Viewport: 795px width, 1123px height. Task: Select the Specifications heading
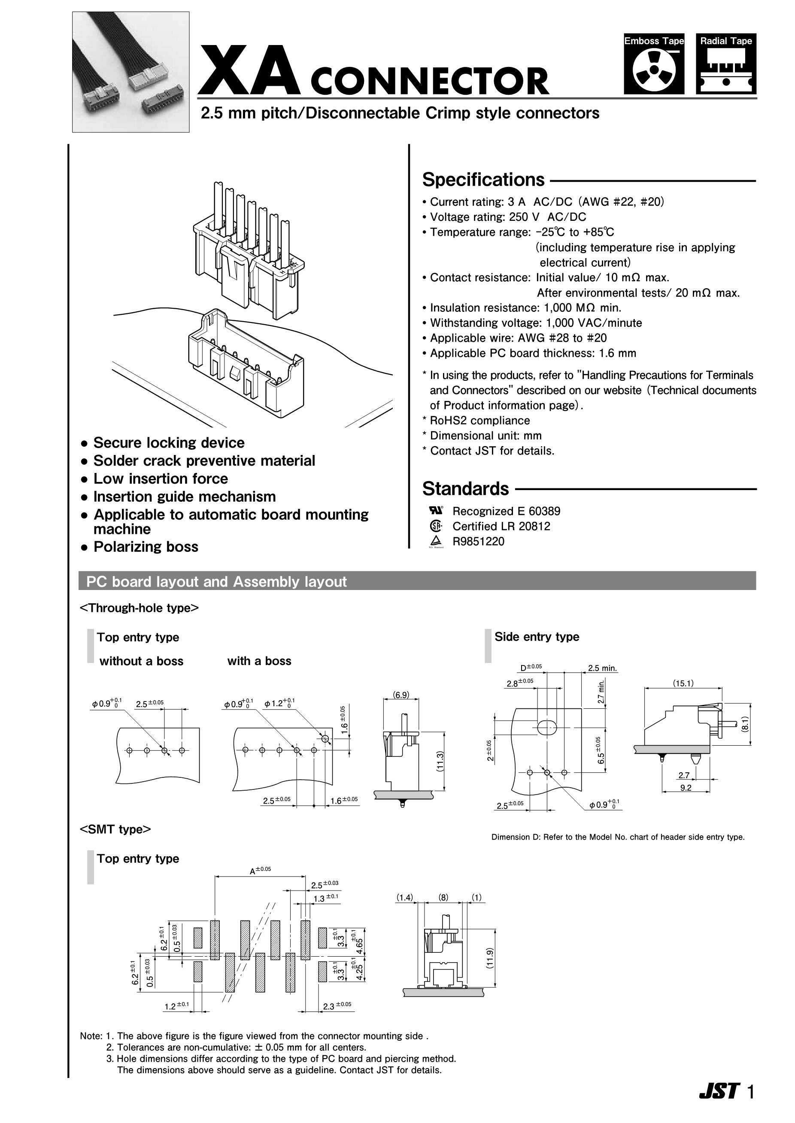[483, 180]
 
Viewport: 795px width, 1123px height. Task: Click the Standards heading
[466, 489]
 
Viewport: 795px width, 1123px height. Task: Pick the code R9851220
[478, 542]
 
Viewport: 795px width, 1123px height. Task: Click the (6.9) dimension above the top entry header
[401, 695]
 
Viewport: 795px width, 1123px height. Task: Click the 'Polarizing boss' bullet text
[146, 546]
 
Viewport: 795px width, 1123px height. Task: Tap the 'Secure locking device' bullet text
[169, 443]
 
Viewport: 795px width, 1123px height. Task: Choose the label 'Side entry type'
[537, 636]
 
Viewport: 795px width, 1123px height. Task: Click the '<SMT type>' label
[115, 829]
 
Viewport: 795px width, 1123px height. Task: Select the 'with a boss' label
[259, 661]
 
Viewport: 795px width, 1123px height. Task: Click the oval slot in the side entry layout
[547, 727]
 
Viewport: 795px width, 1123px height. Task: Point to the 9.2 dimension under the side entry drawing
[686, 788]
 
